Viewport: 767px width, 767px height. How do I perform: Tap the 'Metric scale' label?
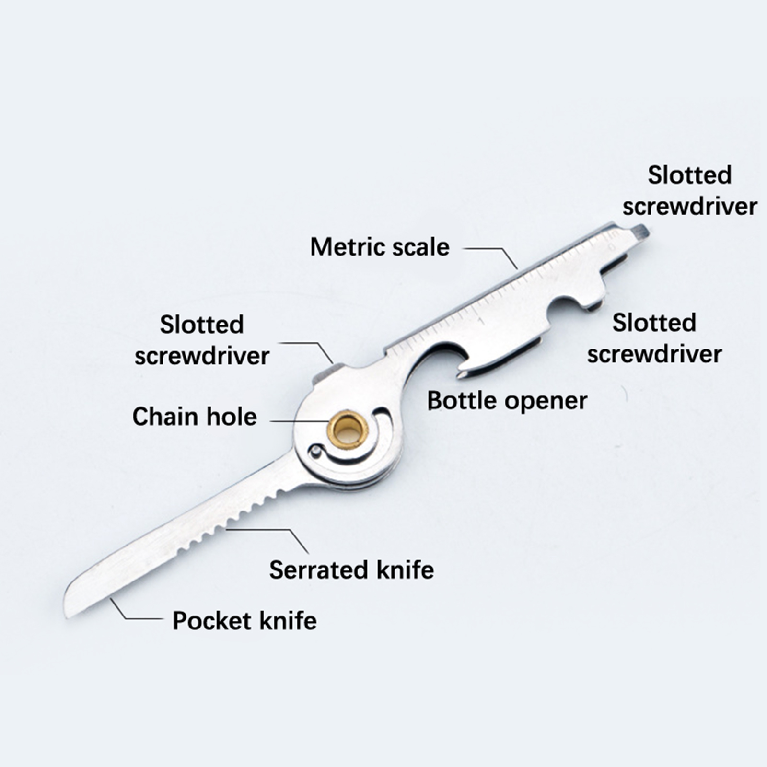380,247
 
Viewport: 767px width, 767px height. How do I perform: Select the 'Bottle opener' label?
507,401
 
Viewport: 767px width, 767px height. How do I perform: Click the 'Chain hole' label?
194,417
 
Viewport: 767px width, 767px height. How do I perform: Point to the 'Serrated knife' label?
351,570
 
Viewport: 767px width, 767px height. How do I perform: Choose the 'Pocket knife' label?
244,621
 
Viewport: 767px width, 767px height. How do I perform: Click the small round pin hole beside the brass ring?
315,451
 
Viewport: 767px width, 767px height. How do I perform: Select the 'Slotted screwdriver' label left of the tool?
202,340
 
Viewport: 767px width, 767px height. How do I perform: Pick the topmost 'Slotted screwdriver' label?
689,191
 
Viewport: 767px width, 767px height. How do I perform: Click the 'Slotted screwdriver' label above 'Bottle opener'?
654,338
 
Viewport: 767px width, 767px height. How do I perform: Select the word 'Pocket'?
211,621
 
